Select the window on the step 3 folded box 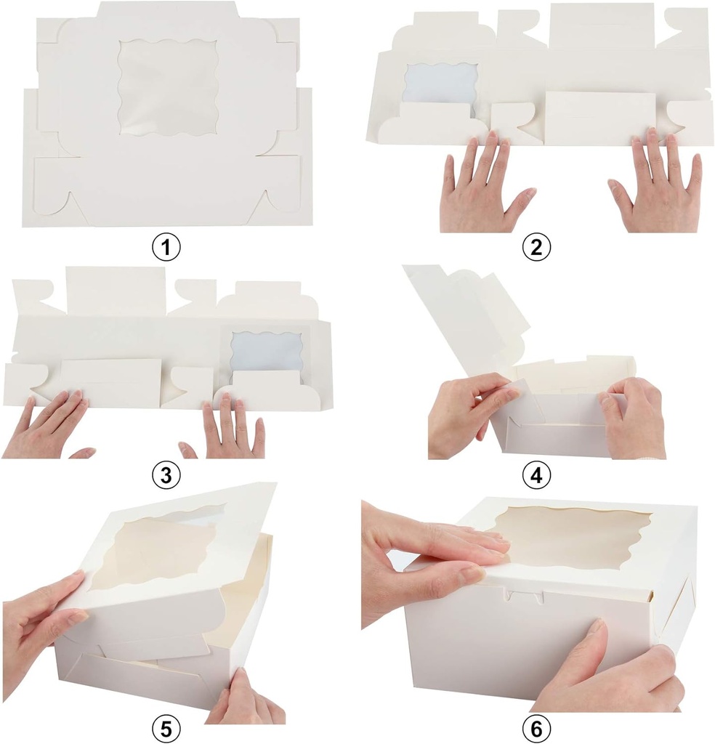pos(266,350)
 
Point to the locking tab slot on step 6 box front pos(525,598)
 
